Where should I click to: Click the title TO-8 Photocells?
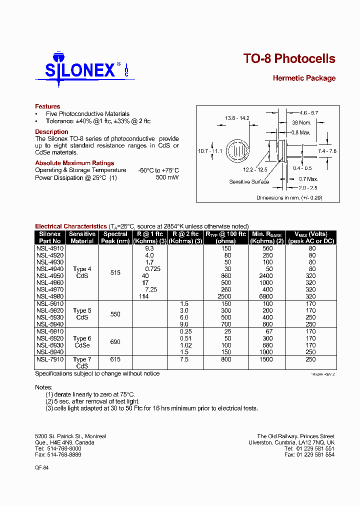tap(289, 58)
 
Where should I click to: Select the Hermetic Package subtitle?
tap(304, 78)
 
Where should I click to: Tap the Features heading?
tap(47, 106)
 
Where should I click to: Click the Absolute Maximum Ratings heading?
tap(74, 163)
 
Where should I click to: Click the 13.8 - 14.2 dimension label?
tap(237, 118)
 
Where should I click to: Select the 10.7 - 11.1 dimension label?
tap(210, 151)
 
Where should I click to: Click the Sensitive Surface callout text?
tap(249, 181)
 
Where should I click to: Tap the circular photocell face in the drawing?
tap(237, 150)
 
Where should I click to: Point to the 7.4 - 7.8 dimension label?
tap(327, 150)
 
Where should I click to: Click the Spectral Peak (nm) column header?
tap(115, 237)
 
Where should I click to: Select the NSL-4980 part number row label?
tap(50, 296)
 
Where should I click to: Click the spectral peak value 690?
tap(115, 342)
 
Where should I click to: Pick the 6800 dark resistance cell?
tap(267, 296)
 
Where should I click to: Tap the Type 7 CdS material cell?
tap(82, 362)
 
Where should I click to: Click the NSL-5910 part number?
tap(50, 303)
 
